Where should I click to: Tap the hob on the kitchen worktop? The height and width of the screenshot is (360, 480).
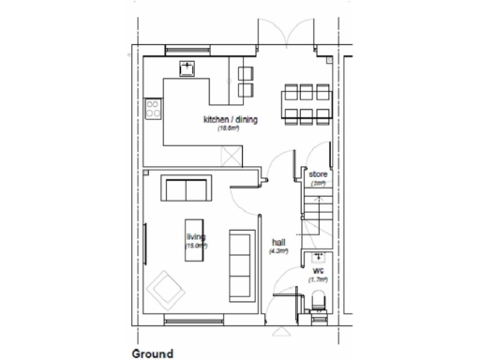pos(153,110)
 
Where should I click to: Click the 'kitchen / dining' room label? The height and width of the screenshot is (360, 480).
pos(231,120)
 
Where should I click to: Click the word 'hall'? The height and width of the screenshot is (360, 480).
pos(278,241)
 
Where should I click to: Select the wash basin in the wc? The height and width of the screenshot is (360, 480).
pos(320,254)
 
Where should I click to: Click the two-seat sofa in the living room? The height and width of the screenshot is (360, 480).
pos(187,188)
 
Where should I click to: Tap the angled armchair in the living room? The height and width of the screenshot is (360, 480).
pos(168,287)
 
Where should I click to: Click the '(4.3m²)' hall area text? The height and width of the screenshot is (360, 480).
pos(278,251)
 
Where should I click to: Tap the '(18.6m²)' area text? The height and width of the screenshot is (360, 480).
pos(230,129)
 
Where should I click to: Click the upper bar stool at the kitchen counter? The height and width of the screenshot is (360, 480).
pos(247,73)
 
